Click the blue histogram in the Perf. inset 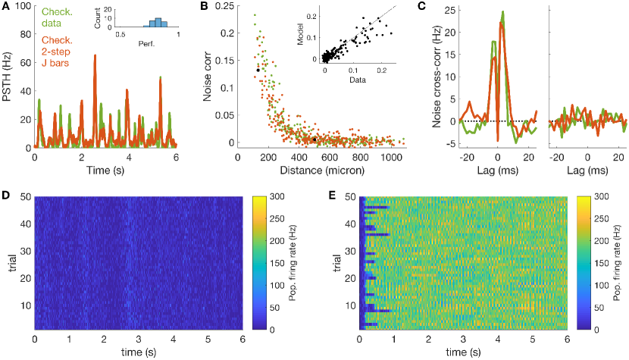click(x=158, y=21)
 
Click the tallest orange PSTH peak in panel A click(x=95, y=56)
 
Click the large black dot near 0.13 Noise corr click(x=258, y=70)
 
